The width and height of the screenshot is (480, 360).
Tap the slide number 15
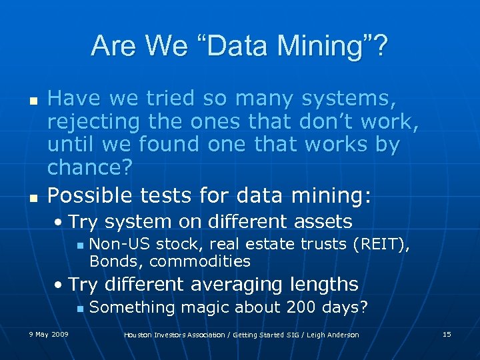tap(447, 334)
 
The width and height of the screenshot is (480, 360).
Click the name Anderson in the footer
tap(341, 335)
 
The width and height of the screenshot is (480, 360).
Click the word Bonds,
tap(117, 261)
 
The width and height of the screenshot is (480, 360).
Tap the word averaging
tap(237, 285)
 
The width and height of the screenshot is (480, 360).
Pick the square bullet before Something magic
tap(79, 308)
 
